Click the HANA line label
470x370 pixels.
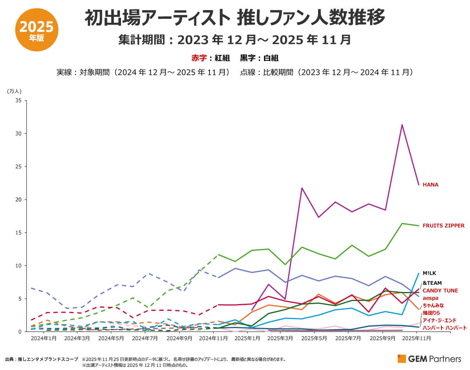click(430, 185)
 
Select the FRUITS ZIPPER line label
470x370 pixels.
click(443, 226)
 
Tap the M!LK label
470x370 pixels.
click(429, 273)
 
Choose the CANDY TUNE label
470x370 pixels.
click(440, 291)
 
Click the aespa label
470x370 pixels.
click(430, 298)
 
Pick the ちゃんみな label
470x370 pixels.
click(433, 306)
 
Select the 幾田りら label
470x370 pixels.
click(432, 313)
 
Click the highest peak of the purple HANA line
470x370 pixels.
click(402, 125)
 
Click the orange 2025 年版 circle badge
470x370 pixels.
click(36, 31)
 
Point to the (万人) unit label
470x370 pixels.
click(14, 91)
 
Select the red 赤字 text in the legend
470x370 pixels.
click(199, 58)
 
